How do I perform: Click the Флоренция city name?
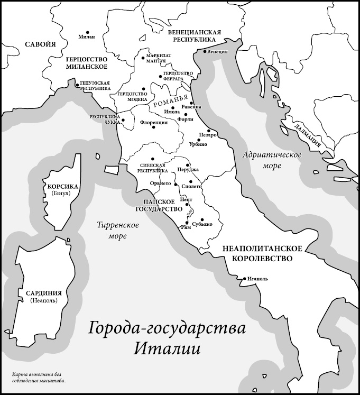154,123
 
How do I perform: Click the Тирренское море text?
118,231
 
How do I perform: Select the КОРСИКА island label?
62,187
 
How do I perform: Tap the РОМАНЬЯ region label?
170,101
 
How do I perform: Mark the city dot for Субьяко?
202,219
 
